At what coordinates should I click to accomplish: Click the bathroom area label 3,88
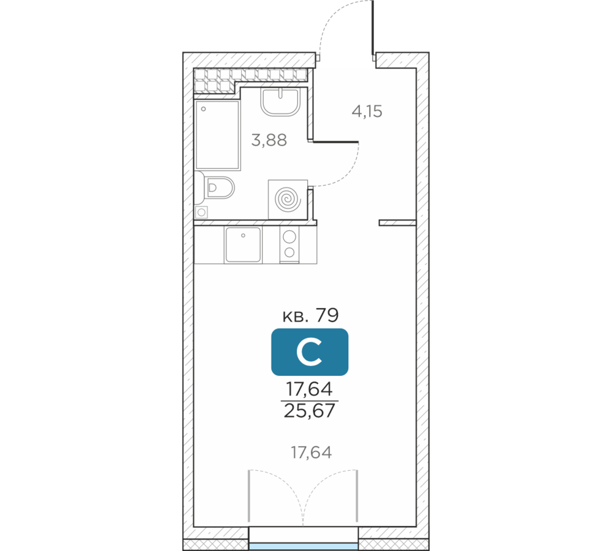pyautogui.click(x=269, y=140)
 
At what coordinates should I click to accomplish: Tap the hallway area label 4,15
pyautogui.click(x=367, y=111)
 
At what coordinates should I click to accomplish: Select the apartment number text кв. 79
pyautogui.click(x=310, y=315)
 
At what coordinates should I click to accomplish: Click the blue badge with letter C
pyautogui.click(x=310, y=352)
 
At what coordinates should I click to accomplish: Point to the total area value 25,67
pyautogui.click(x=310, y=411)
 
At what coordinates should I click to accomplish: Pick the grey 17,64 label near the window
pyautogui.click(x=312, y=452)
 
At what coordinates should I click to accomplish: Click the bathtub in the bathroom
pyautogui.click(x=217, y=135)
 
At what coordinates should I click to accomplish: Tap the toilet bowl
pyautogui.click(x=219, y=188)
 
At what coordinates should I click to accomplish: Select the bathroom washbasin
pyautogui.click(x=280, y=102)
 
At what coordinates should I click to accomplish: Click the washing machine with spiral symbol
pyautogui.click(x=288, y=200)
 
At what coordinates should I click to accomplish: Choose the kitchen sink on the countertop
pyautogui.click(x=243, y=245)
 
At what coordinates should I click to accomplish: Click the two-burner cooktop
pyautogui.click(x=289, y=245)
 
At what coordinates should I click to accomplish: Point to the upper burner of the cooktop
pyautogui.click(x=289, y=237)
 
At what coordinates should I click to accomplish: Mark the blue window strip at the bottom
pyautogui.click(x=304, y=546)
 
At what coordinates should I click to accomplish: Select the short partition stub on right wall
pyautogui.click(x=397, y=223)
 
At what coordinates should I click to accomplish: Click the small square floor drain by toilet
pyautogui.click(x=201, y=212)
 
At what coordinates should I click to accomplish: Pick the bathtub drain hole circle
pyautogui.click(x=203, y=110)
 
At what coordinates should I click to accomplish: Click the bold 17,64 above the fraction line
pyautogui.click(x=310, y=389)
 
